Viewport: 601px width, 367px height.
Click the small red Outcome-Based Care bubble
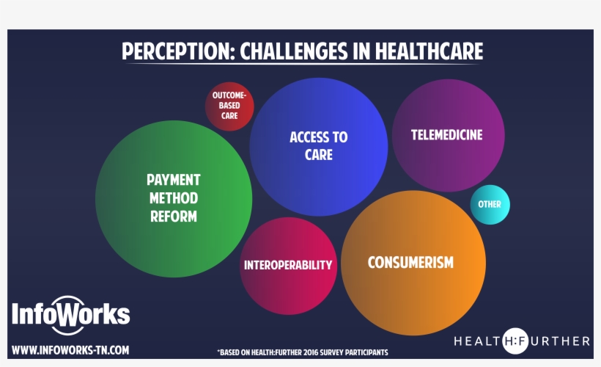[x=229, y=106]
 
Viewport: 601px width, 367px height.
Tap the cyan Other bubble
[x=490, y=205]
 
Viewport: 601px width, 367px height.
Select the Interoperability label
[x=288, y=265]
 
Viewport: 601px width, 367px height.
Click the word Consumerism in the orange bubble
[x=410, y=262]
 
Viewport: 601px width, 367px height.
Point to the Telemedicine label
[x=447, y=135]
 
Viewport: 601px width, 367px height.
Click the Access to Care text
[x=319, y=145]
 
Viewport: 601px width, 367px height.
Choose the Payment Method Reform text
[x=174, y=198]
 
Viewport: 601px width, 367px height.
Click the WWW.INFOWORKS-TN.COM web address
[x=70, y=350]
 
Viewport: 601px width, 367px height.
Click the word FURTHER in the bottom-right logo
[x=557, y=341]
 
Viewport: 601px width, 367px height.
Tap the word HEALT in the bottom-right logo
[x=477, y=341]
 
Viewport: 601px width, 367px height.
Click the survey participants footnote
[x=302, y=352]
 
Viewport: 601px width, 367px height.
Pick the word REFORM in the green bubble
[x=174, y=217]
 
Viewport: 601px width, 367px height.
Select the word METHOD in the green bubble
[x=174, y=198]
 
